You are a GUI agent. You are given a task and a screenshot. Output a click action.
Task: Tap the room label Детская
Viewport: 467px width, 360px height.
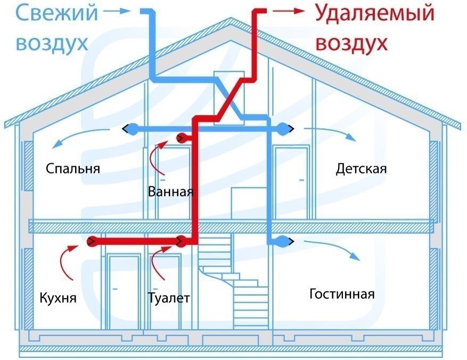pos(361,169)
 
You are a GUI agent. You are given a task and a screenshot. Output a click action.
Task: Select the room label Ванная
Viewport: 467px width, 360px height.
pos(170,191)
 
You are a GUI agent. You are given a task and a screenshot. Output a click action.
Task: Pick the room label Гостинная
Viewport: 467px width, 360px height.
pos(342,294)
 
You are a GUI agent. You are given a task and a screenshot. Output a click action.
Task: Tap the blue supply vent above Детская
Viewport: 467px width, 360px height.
pos(284,128)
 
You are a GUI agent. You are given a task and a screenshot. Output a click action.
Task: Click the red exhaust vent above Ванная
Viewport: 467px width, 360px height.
pos(183,138)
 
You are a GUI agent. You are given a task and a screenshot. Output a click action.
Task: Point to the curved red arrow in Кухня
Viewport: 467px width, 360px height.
pos(69,261)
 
